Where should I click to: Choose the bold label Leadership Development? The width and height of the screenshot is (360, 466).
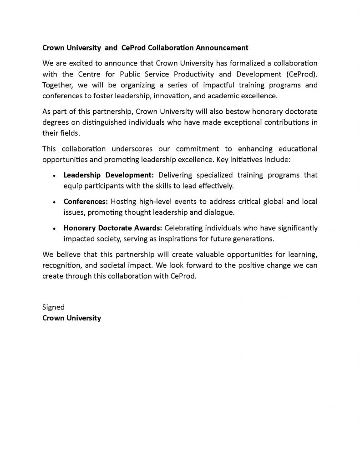(x=109, y=175)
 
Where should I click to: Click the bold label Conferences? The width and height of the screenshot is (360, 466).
(x=86, y=201)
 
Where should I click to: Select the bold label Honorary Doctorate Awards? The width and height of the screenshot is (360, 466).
(x=112, y=228)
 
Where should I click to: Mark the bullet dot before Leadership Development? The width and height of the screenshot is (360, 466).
(x=54, y=176)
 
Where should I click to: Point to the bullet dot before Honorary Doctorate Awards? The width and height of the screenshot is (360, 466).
(x=54, y=228)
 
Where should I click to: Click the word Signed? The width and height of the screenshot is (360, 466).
(x=53, y=307)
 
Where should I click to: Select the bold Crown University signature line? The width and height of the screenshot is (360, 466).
(x=71, y=318)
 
